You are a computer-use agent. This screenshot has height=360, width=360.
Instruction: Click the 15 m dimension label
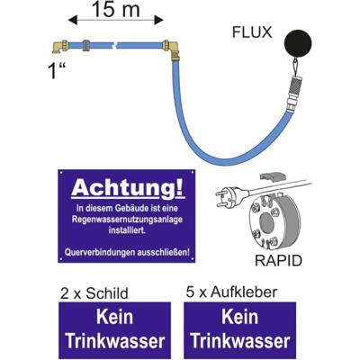point(116,9)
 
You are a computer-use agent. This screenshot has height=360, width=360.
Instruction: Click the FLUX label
point(252,32)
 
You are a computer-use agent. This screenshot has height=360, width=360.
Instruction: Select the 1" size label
point(56,71)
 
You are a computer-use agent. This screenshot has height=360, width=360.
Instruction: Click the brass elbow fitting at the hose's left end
point(60,47)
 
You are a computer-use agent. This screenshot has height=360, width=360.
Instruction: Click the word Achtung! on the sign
point(127,188)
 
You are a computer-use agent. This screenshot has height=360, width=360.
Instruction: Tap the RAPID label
point(278,261)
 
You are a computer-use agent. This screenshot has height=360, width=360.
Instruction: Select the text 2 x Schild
point(94,293)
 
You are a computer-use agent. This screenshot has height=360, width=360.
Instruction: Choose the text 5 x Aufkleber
point(231,292)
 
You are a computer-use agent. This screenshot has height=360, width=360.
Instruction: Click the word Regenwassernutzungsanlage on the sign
point(127,220)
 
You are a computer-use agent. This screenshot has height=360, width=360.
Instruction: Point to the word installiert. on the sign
point(127,230)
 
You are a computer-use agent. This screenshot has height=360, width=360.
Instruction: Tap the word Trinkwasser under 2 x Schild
point(115,341)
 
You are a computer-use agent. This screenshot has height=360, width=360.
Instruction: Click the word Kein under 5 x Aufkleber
point(240,317)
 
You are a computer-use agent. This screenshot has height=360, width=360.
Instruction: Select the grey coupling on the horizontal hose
point(85,45)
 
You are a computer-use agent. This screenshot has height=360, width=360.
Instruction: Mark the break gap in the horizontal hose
point(114,46)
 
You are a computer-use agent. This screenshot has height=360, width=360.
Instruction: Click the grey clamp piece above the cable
point(270,177)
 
